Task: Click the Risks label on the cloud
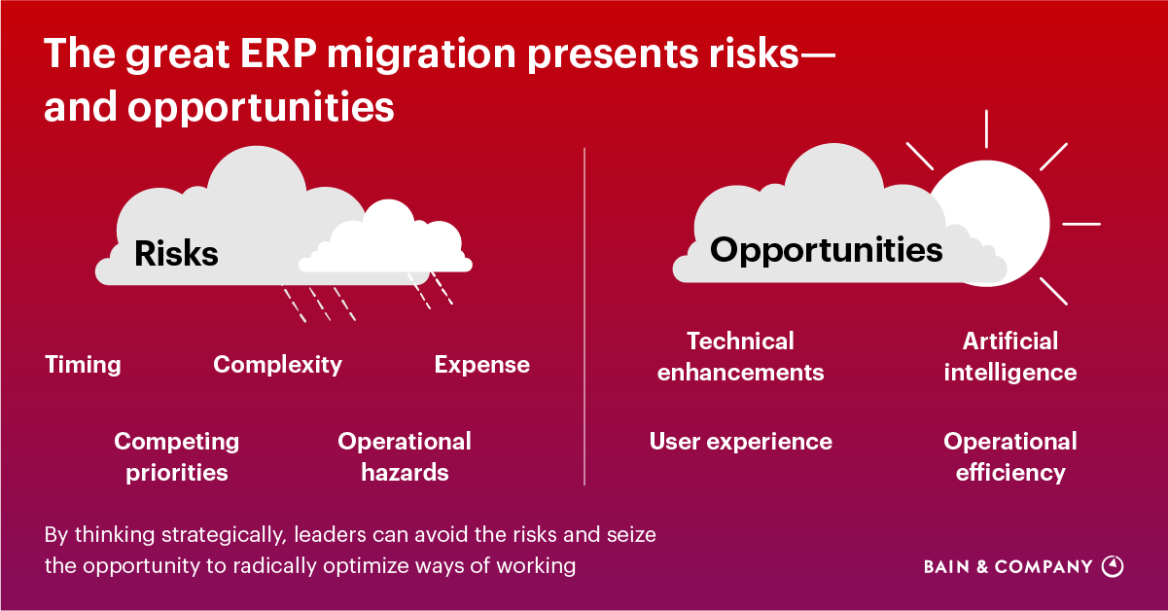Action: tap(176, 254)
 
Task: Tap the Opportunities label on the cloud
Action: tap(826, 250)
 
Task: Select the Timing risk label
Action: tap(84, 365)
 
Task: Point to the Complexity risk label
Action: tap(277, 365)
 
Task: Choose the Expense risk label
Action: tap(481, 365)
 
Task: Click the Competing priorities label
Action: tap(176, 456)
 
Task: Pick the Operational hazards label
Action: tap(405, 456)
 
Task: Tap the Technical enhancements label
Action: tap(740, 356)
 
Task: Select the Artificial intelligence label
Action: tap(1009, 356)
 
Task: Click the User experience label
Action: tap(740, 442)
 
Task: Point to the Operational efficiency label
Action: tap(1009, 456)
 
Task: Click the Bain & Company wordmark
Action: tap(1008, 567)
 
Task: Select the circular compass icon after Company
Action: tap(1113, 566)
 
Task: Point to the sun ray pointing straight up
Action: tap(986, 128)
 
